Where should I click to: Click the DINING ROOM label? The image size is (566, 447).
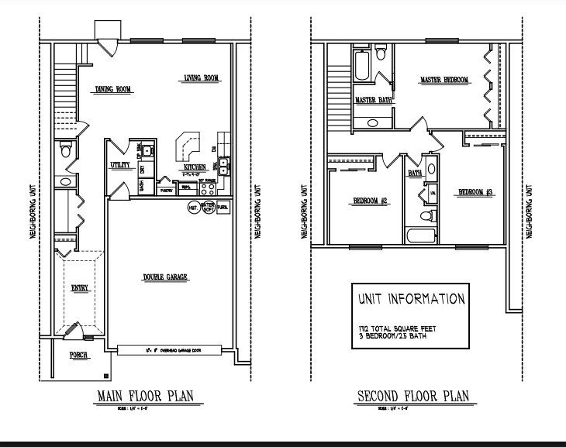(x=114, y=90)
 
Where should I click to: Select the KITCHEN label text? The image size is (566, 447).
(x=194, y=167)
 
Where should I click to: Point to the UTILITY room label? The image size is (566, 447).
(x=119, y=165)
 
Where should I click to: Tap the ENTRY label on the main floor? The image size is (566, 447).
(x=80, y=288)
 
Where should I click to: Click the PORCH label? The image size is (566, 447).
(x=78, y=356)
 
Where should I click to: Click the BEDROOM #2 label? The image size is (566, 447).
(x=371, y=201)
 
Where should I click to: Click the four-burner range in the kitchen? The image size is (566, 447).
(x=209, y=187)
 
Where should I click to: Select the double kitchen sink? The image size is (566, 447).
(x=223, y=163)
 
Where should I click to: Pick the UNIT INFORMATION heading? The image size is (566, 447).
(x=411, y=299)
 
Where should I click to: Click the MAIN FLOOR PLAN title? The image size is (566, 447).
(x=144, y=397)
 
